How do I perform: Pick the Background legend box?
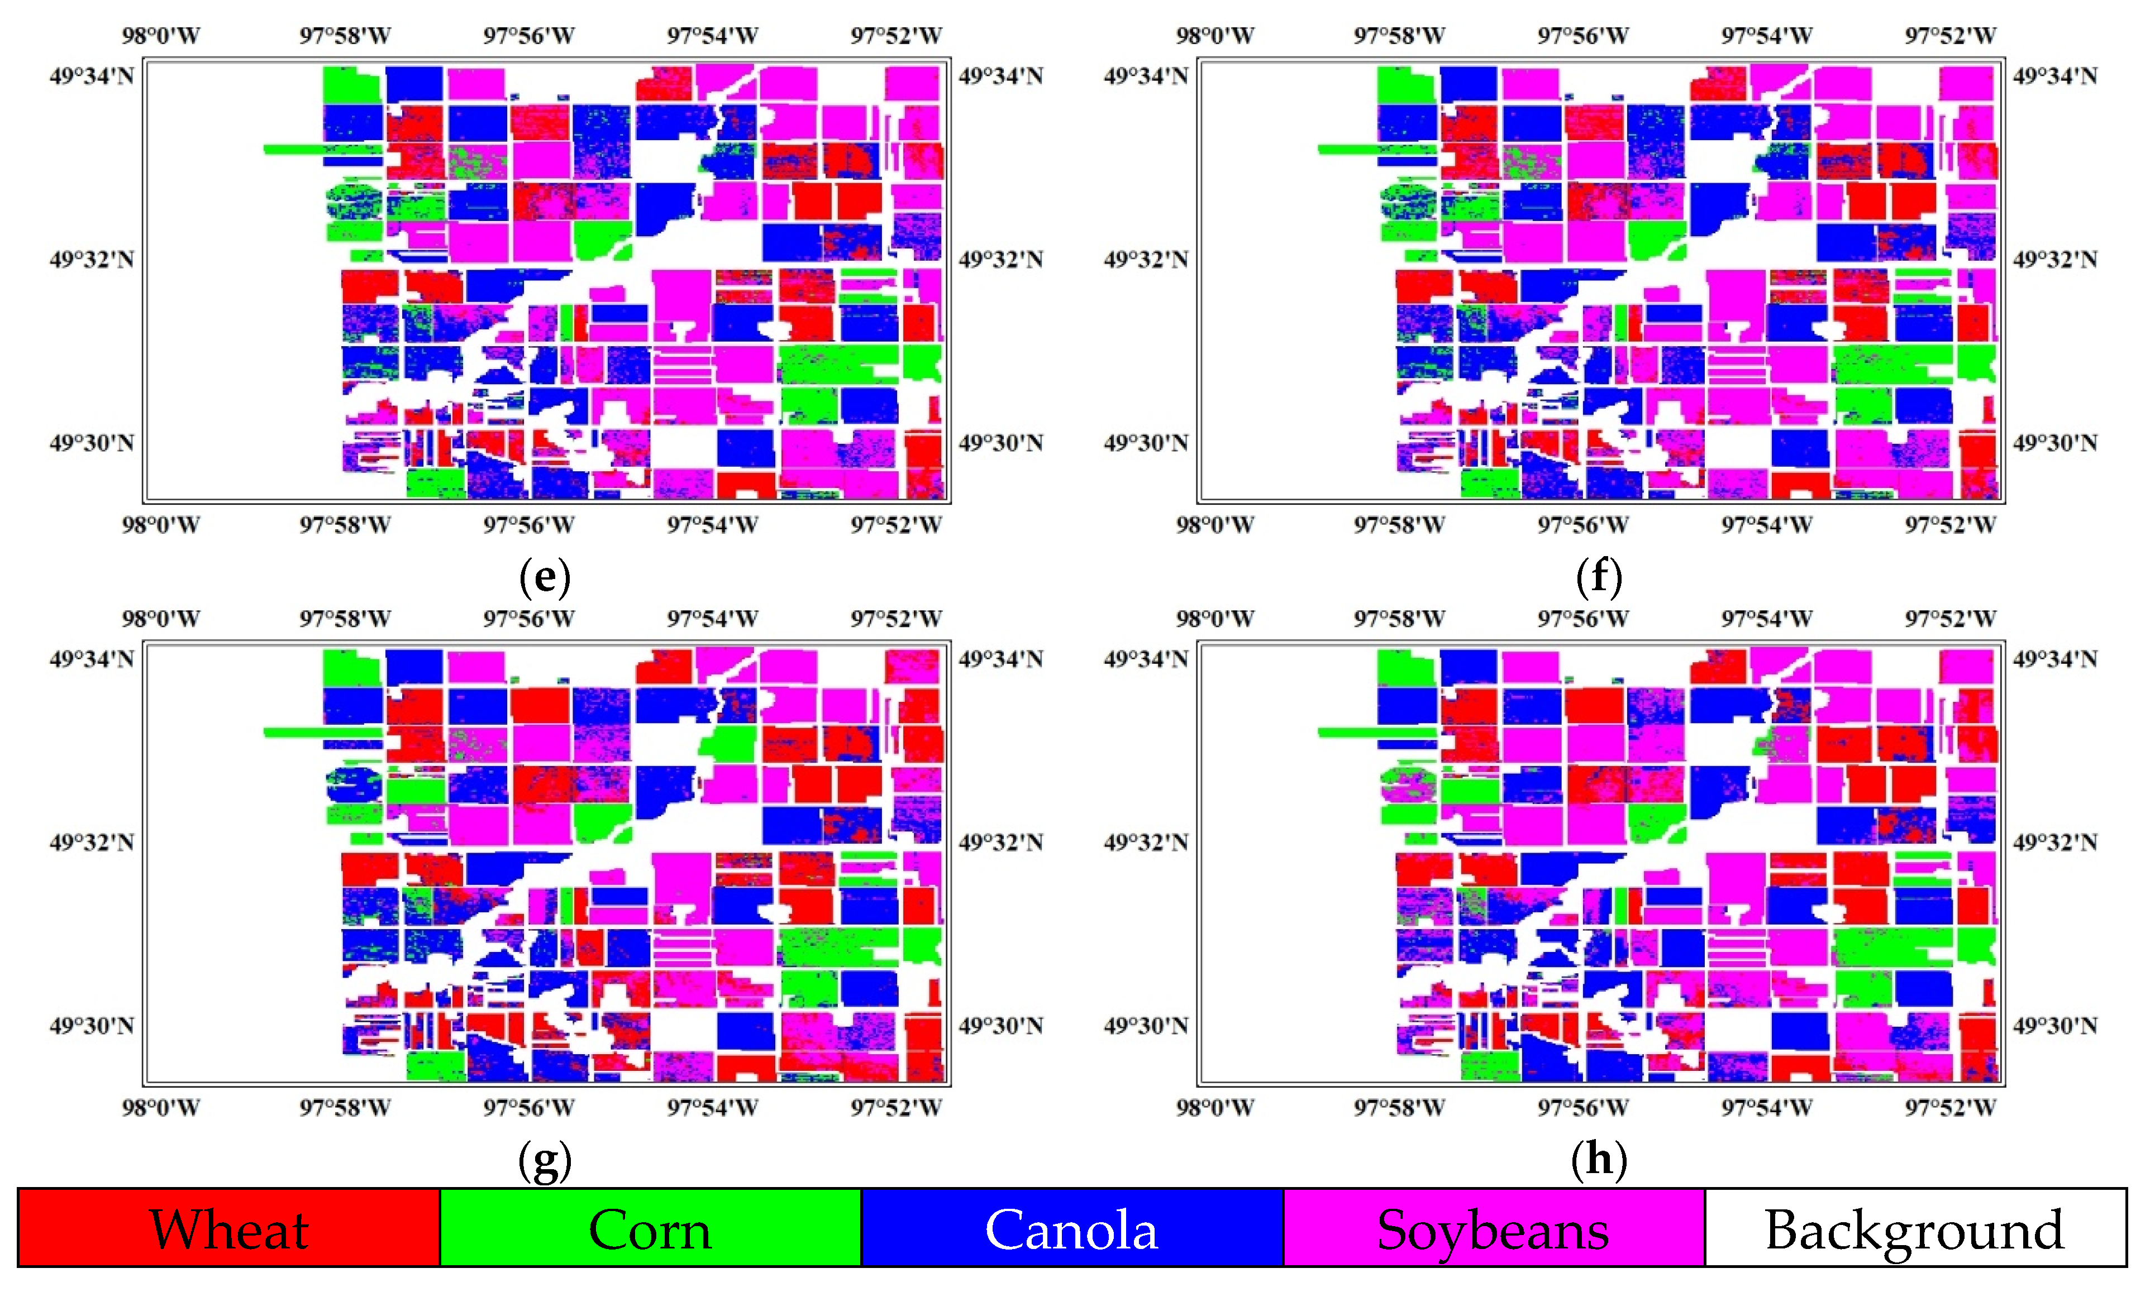[x=1914, y=1228]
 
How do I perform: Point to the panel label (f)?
[x=1599, y=576]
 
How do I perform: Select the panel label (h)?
[x=1599, y=1160]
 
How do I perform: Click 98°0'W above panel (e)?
[x=160, y=36]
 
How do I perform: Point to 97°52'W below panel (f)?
[x=1949, y=525]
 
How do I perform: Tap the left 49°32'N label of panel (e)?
[x=92, y=260]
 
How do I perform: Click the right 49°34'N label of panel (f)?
[x=2054, y=76]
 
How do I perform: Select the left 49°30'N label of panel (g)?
[x=92, y=1026]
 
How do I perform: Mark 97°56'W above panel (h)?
[x=1582, y=619]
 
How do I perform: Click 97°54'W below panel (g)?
[x=712, y=1108]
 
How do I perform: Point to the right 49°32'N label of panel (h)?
[x=2054, y=843]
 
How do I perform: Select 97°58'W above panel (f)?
[x=1399, y=36]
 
